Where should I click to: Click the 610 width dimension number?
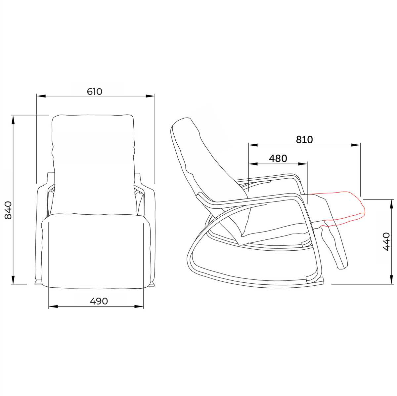click(x=95, y=91)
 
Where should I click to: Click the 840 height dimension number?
click(x=8, y=210)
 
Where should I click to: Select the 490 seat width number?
click(x=99, y=301)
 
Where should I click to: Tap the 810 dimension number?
click(x=304, y=140)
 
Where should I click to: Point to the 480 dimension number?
click(x=278, y=159)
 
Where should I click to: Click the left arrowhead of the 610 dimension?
click(x=41, y=96)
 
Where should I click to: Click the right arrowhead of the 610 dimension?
click(x=150, y=96)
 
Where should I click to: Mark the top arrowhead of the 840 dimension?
click(x=13, y=120)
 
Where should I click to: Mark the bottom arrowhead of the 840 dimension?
click(x=13, y=280)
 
